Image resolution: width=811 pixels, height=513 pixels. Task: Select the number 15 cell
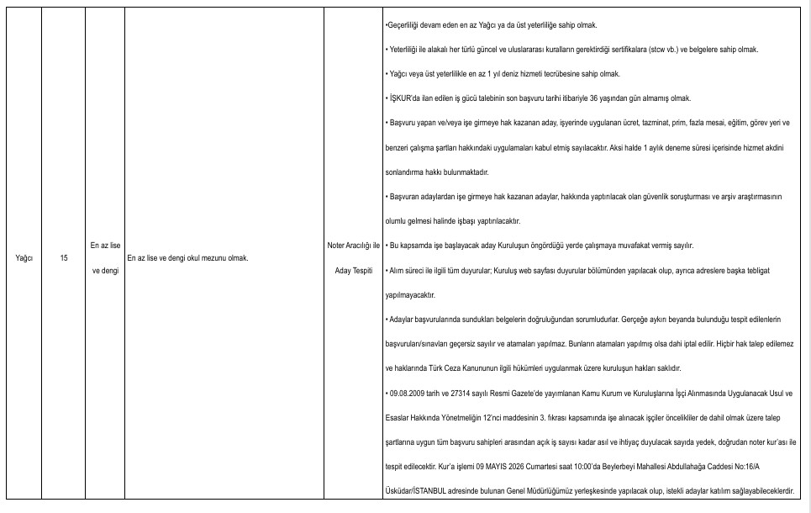tap(65, 257)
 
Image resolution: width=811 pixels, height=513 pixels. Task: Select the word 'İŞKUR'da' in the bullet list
tap(402, 98)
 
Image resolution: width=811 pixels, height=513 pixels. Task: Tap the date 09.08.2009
tap(408, 393)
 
